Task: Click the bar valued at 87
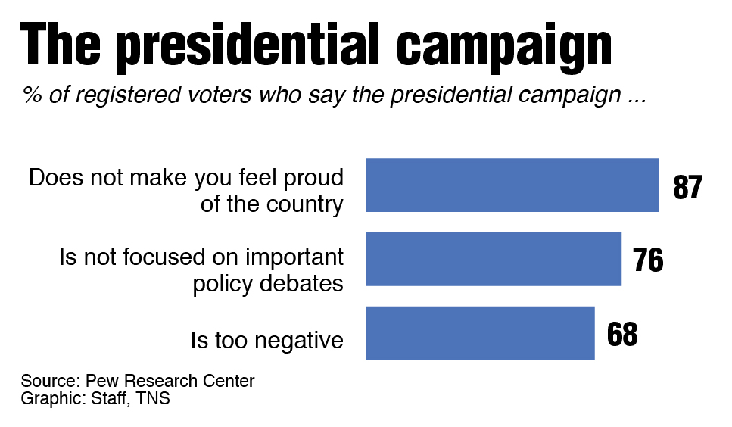click(512, 185)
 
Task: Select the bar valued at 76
click(494, 259)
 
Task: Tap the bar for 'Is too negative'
click(480, 333)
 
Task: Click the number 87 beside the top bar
click(687, 187)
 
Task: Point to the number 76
click(648, 260)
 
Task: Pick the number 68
click(622, 334)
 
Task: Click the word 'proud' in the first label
click(313, 179)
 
